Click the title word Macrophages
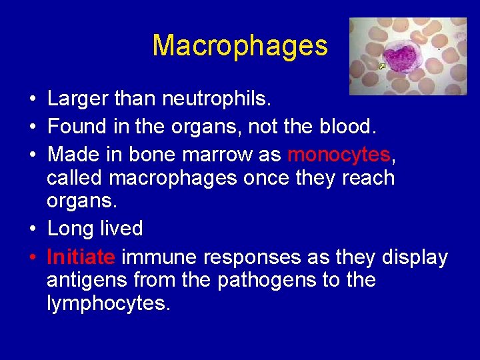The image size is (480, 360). pyautogui.click(x=240, y=46)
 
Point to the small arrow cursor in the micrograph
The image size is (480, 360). pyautogui.click(x=381, y=66)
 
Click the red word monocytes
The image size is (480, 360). pyautogui.click(x=339, y=155)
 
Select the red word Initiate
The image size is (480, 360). pyautogui.click(x=82, y=257)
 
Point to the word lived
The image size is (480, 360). pyautogui.click(x=121, y=229)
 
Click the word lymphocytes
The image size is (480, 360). pyautogui.click(x=109, y=303)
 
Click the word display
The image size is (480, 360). pyautogui.click(x=415, y=257)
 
